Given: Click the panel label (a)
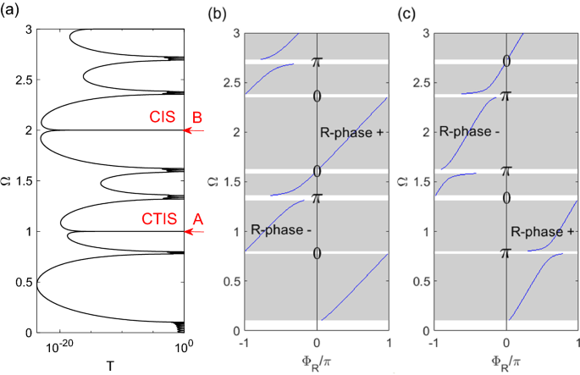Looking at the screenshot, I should [10, 9].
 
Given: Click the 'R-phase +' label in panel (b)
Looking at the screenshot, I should [350, 132].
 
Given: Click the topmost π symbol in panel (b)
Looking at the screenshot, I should [317, 62].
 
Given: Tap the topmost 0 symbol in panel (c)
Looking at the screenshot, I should [506, 61].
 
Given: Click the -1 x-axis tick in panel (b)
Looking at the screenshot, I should [244, 342].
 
